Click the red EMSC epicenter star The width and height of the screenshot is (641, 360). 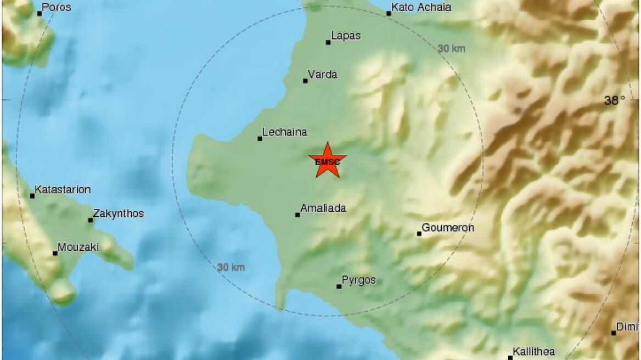(x=328, y=160)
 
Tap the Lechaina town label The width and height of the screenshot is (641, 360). (x=284, y=132)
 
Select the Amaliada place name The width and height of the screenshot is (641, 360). (x=323, y=209)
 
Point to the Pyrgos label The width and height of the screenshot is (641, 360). (x=359, y=280)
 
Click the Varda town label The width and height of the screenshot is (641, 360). (x=323, y=75)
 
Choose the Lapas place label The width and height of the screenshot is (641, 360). (x=346, y=36)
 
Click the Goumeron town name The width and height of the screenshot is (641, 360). (x=448, y=228)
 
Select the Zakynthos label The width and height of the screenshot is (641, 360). (x=119, y=213)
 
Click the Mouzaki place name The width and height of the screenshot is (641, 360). (x=79, y=247)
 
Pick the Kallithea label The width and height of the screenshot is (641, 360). (x=533, y=352)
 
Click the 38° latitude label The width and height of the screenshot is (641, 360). (x=615, y=100)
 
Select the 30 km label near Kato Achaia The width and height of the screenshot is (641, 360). (x=452, y=48)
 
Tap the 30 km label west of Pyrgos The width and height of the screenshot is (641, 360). (x=230, y=267)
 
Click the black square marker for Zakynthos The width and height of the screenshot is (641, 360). (x=91, y=220)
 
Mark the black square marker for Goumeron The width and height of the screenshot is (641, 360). (x=419, y=234)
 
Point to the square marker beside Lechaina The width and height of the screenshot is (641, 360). (x=260, y=138)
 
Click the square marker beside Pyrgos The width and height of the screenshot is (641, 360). (x=339, y=286)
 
